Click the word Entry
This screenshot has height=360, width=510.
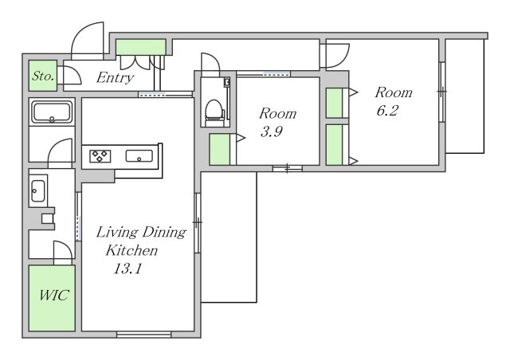(115, 78)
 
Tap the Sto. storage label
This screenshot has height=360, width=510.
(43, 76)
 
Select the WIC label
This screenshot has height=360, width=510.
(54, 295)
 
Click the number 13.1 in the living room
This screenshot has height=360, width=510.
(127, 268)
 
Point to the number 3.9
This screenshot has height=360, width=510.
(271, 131)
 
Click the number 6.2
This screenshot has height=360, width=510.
(387, 111)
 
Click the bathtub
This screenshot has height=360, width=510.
(52, 112)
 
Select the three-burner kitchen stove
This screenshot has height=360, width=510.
(100, 156)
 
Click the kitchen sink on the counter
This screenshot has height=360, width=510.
(139, 156)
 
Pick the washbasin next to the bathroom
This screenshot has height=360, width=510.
(38, 190)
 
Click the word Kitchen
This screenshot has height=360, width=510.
(131, 250)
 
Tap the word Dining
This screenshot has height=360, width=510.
(164, 233)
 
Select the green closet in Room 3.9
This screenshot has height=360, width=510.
(220, 149)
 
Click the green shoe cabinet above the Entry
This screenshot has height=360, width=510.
(141, 47)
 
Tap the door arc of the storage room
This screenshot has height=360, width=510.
(76, 73)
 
